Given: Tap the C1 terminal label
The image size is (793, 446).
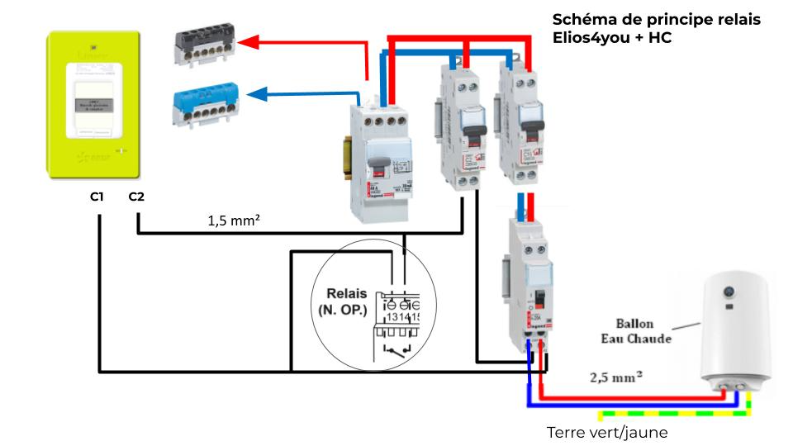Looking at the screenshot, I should click(97, 197).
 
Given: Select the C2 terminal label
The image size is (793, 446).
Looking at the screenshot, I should click(138, 197).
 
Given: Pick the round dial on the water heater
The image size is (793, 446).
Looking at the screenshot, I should click(730, 292).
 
